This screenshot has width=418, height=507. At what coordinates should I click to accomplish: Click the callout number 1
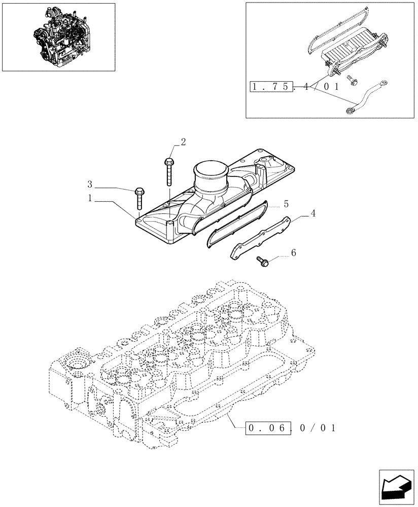(90, 199)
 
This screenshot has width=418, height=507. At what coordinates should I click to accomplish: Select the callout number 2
(183, 141)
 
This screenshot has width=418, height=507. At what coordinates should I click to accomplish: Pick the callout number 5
(286, 204)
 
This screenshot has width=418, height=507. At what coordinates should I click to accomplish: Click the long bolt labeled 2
(168, 173)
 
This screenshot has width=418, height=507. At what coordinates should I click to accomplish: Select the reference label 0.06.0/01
(291, 428)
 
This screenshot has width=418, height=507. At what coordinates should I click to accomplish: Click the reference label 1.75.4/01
(294, 87)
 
